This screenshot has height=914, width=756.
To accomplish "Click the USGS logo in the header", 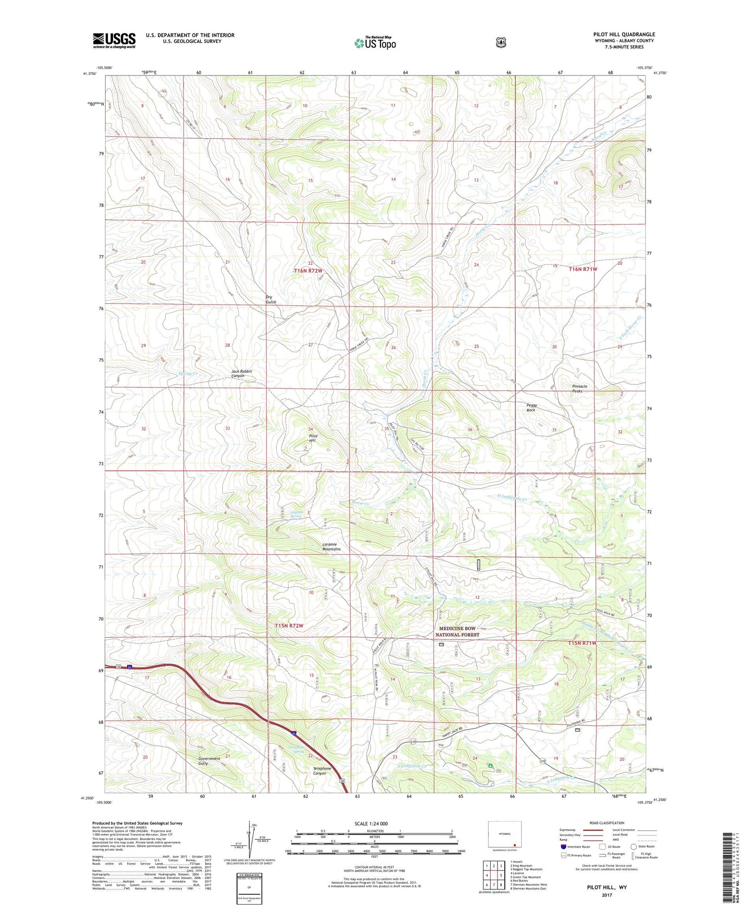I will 114,40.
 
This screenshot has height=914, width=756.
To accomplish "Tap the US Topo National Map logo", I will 375,43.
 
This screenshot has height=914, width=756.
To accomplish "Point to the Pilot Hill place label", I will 313,438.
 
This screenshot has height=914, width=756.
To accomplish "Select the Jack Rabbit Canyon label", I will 242,373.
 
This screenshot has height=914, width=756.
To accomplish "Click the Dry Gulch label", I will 271,299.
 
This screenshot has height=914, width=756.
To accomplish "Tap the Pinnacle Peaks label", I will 579,388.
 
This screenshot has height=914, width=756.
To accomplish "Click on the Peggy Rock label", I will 532,407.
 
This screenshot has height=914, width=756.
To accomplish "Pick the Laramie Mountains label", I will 331,547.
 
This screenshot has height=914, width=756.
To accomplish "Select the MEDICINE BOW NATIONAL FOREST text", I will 457,631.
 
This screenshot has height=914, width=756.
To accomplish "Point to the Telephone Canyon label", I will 322,771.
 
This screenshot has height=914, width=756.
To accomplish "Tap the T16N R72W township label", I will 308,271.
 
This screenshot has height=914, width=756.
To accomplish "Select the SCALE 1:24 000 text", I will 371,823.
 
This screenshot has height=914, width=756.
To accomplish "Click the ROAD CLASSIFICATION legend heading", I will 606,823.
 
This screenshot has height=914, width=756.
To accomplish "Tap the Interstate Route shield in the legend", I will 563,846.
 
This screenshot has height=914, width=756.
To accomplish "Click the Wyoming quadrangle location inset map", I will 504,834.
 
